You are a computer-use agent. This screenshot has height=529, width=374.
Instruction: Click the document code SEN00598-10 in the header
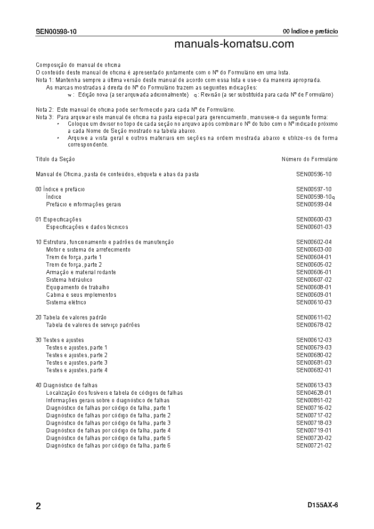[56, 32]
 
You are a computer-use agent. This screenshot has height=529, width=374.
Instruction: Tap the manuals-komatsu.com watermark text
[234, 44]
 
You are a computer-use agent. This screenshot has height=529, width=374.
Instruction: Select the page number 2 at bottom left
[38, 506]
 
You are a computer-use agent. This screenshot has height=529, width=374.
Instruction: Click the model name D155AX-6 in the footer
[323, 505]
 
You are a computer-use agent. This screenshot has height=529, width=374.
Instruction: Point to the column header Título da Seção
[55, 159]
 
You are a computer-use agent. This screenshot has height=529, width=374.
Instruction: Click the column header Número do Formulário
[309, 159]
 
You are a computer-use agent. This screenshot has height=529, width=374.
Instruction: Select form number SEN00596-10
[314, 174]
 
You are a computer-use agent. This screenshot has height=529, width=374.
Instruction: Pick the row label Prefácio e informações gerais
[83, 204]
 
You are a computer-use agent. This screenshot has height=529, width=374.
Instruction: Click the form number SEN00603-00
[314, 250]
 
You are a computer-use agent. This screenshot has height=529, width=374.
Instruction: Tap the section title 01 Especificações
[58, 220]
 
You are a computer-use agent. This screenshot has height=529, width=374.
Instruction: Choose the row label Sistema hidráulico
[69, 280]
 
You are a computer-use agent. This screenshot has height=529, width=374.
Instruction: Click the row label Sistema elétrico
[66, 302]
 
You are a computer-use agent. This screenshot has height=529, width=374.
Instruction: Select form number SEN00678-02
[314, 325]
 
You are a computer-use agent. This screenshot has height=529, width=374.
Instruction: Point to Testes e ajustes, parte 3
[77, 363]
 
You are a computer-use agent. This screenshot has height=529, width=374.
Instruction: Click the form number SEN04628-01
[314, 393]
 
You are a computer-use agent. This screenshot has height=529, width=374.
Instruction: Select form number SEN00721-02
[314, 446]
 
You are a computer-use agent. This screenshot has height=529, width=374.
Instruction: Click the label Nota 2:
[44, 110]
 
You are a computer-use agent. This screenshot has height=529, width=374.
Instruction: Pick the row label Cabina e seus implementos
[81, 295]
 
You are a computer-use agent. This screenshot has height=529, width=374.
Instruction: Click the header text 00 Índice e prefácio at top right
[310, 32]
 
